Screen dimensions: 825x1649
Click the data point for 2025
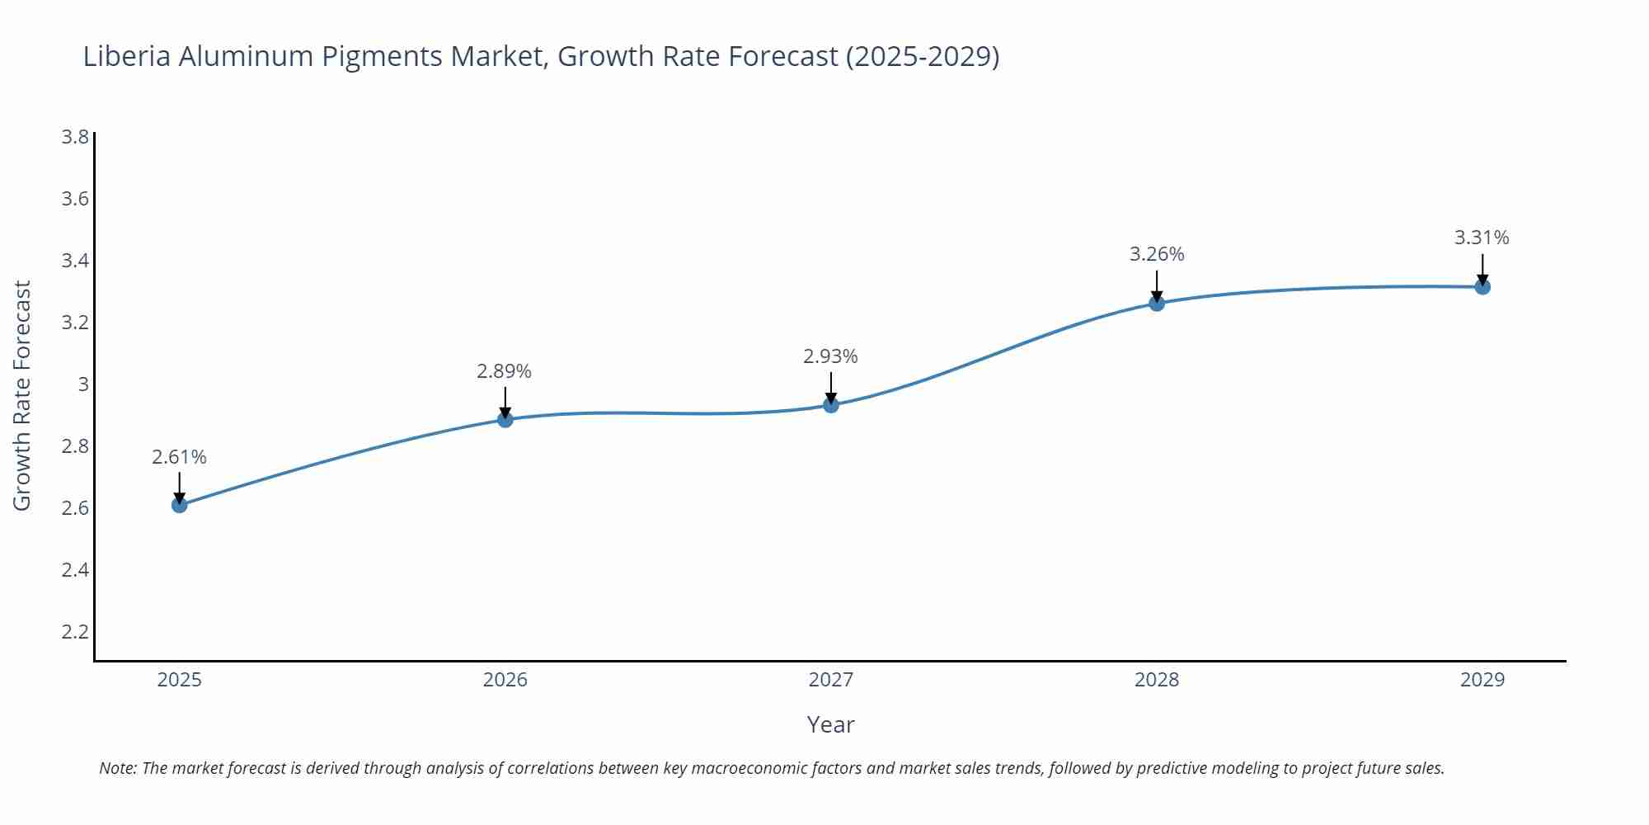click(180, 505)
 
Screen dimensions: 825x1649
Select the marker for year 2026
click(505, 419)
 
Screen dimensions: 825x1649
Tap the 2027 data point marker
click(831, 405)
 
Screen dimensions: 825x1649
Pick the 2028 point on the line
click(1157, 303)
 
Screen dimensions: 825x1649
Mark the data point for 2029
click(1482, 287)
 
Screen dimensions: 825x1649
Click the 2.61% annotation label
click(179, 457)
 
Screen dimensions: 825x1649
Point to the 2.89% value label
click(504, 371)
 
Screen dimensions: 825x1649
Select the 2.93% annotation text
click(830, 356)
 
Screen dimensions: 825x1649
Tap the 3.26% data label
click(1157, 254)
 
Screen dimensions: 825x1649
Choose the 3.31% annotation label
click(1482, 238)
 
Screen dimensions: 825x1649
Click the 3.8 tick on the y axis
click(75, 137)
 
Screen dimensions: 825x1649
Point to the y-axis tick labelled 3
click(82, 384)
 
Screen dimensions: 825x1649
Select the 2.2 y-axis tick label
click(75, 632)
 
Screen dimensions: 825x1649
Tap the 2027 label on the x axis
click(831, 680)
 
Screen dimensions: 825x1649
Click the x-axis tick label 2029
click(1482, 680)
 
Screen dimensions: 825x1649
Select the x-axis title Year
click(830, 724)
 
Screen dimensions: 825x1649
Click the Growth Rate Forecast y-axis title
click(22, 396)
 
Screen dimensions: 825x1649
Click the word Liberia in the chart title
click(127, 56)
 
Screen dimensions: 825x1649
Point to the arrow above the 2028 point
click(1157, 285)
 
